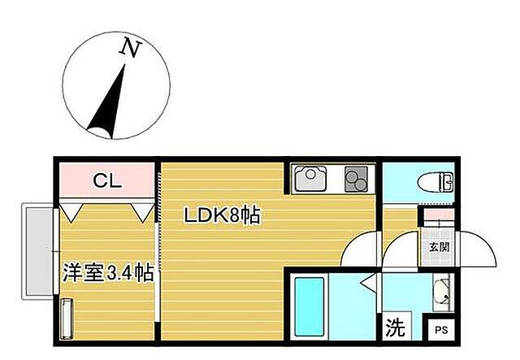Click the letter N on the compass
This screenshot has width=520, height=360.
tap(128, 48)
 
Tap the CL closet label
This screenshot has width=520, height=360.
tap(106, 181)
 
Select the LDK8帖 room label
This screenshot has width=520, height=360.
tap(221, 217)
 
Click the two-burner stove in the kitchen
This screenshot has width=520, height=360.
tap(356, 177)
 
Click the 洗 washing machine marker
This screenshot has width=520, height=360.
tap(394, 327)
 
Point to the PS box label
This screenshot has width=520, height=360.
tap(442, 330)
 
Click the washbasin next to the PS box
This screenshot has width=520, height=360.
tap(442, 294)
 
